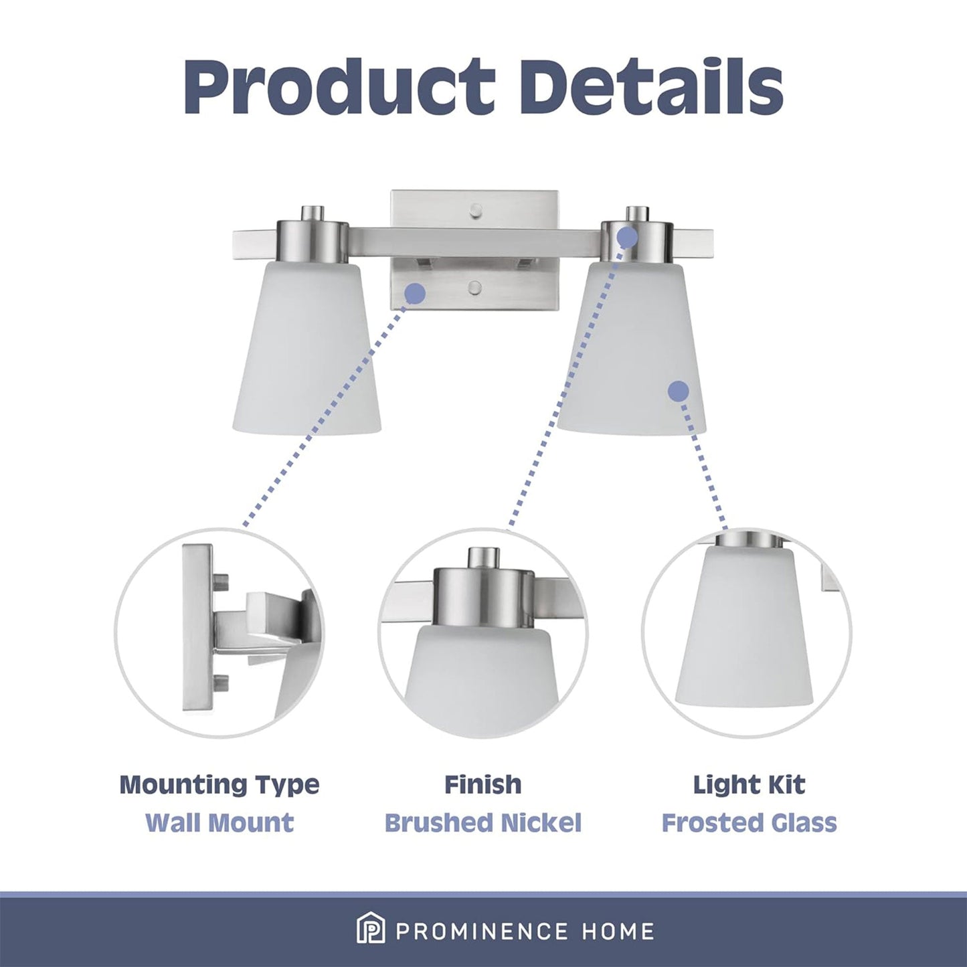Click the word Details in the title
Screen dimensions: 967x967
(x=652, y=87)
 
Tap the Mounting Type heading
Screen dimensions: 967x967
(x=219, y=784)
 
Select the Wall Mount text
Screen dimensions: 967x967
(x=219, y=822)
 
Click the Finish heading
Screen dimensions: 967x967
(x=483, y=784)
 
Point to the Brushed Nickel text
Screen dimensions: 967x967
(x=483, y=822)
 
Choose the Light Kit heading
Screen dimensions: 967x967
(x=749, y=784)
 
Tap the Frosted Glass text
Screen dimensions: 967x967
(x=749, y=822)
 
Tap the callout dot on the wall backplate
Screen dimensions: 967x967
(x=416, y=292)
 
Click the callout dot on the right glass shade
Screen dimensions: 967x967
(x=679, y=391)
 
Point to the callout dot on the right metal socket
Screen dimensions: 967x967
(x=627, y=236)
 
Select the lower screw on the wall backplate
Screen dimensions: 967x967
(x=474, y=288)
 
